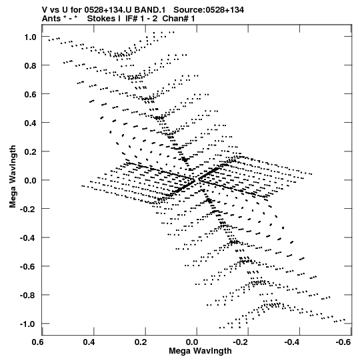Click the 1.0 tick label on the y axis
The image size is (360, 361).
click(31, 37)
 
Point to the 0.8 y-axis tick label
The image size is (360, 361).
click(31, 65)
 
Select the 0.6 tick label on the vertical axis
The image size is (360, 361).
click(31, 94)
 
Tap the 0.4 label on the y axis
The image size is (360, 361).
click(31, 123)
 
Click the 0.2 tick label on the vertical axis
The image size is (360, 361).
click(31, 151)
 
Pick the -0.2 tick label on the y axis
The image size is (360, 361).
click(28, 209)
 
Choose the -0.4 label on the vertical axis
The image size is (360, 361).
click(28, 238)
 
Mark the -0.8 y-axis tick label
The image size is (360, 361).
click(28, 295)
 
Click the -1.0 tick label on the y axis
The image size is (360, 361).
click(28, 324)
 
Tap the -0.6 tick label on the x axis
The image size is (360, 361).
click(343, 342)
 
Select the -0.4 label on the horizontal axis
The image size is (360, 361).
click(292, 342)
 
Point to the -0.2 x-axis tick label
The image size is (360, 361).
click(240, 342)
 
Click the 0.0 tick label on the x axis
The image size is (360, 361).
click(192, 342)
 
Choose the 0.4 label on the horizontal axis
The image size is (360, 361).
click(89, 342)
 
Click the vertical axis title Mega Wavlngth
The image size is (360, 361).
click(13, 177)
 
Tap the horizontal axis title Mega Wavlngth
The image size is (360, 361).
click(200, 351)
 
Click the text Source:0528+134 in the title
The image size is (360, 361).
click(209, 10)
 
